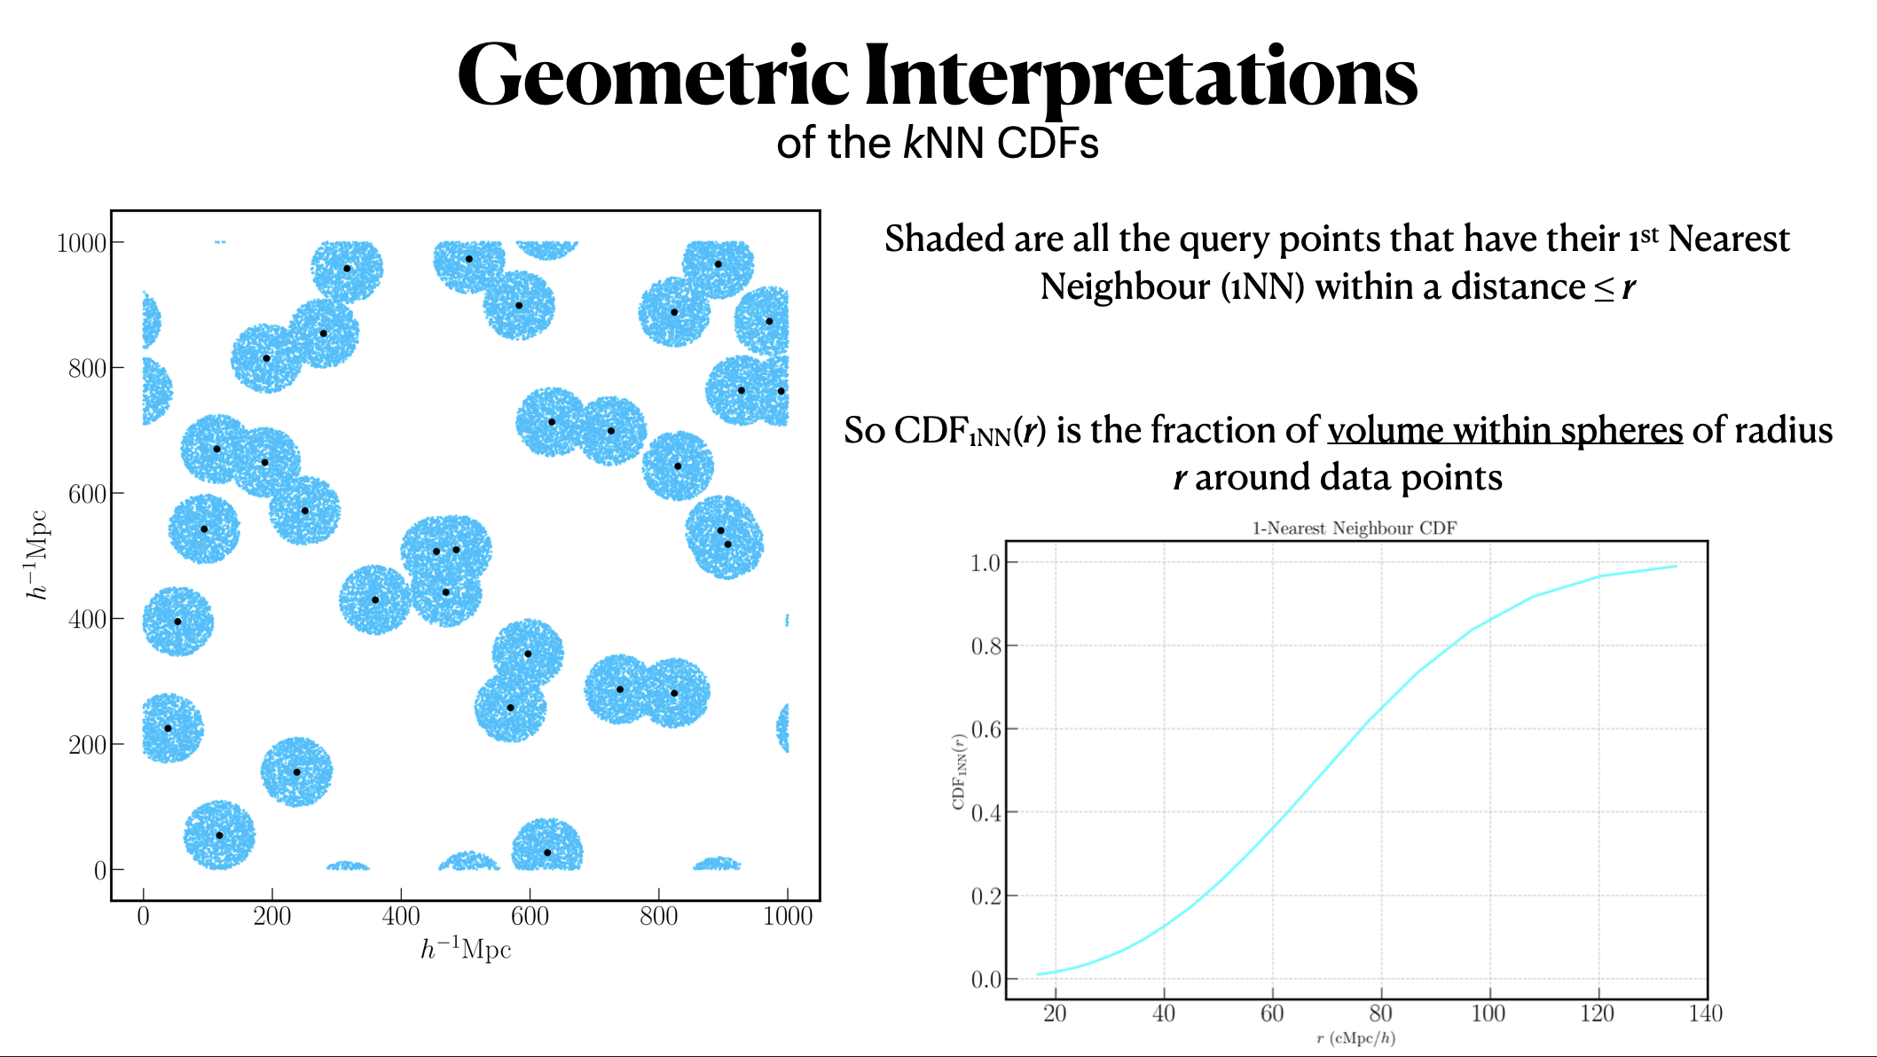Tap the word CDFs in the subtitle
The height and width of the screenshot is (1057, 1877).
1048,144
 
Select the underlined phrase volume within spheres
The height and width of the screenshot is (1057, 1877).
1504,430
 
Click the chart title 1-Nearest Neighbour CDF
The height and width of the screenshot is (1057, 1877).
1355,528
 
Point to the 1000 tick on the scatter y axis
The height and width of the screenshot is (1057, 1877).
82,243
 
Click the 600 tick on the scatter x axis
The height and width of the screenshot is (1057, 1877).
530,916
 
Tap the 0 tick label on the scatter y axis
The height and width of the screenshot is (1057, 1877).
100,870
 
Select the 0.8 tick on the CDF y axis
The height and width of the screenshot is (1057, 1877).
986,646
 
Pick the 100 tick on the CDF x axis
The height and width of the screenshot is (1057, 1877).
1488,1014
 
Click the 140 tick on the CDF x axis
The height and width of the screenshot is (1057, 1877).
1705,1014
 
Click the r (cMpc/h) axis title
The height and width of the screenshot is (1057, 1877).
1355,1038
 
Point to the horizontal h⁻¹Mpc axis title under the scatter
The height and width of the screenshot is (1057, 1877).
466,950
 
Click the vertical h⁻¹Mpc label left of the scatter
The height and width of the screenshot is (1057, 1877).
37,555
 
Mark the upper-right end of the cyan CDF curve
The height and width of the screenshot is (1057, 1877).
1675,566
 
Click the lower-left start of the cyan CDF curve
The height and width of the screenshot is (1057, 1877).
1039,975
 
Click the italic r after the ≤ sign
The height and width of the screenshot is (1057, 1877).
1629,287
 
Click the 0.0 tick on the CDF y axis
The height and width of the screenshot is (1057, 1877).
986,980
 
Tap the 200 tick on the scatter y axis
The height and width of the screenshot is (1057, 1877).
87,745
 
